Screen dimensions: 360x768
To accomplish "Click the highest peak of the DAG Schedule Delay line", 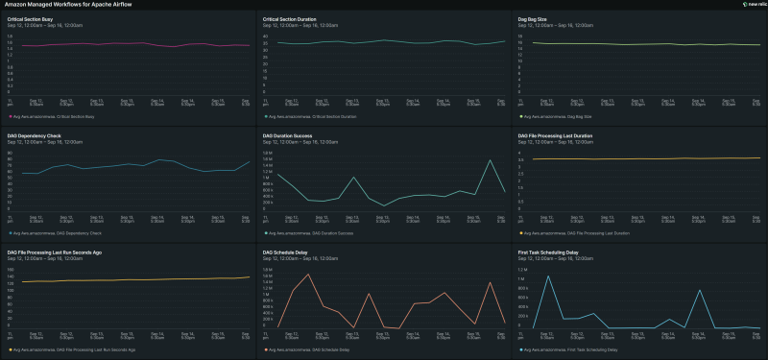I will (308, 275).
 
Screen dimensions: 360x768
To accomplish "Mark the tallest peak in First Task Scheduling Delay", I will (548, 276).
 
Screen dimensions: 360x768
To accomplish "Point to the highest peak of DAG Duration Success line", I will (490, 160).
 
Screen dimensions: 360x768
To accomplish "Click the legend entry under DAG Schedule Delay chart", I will (309, 350).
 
